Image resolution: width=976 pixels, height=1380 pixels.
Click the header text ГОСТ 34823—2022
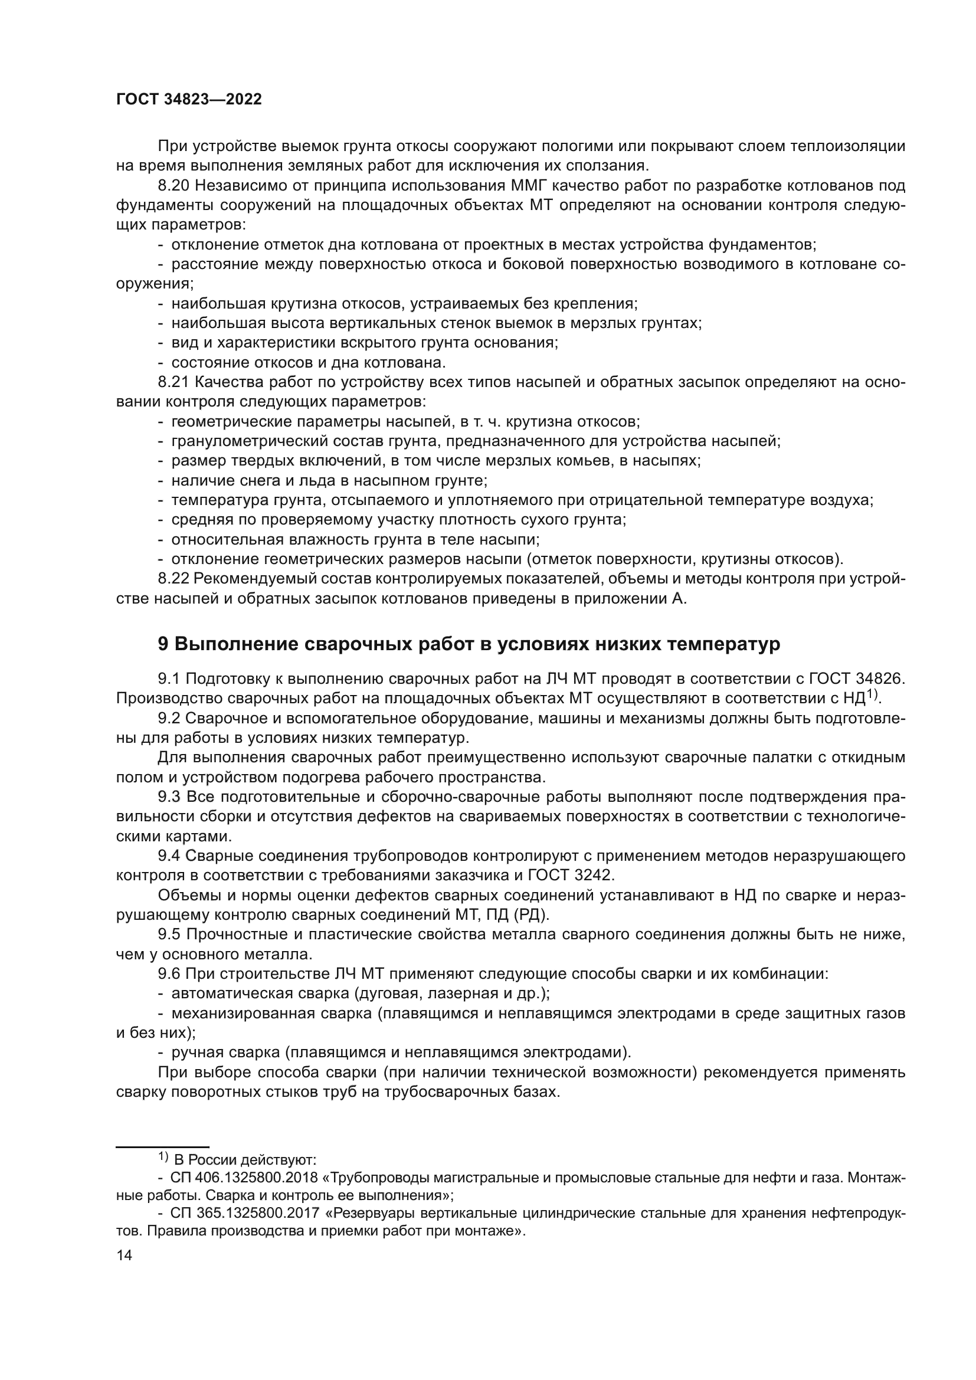[189, 100]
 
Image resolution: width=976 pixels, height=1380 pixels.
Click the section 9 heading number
[163, 644]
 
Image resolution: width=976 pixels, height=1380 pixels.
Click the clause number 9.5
[169, 934]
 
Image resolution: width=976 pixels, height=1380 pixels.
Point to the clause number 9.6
[169, 973]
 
